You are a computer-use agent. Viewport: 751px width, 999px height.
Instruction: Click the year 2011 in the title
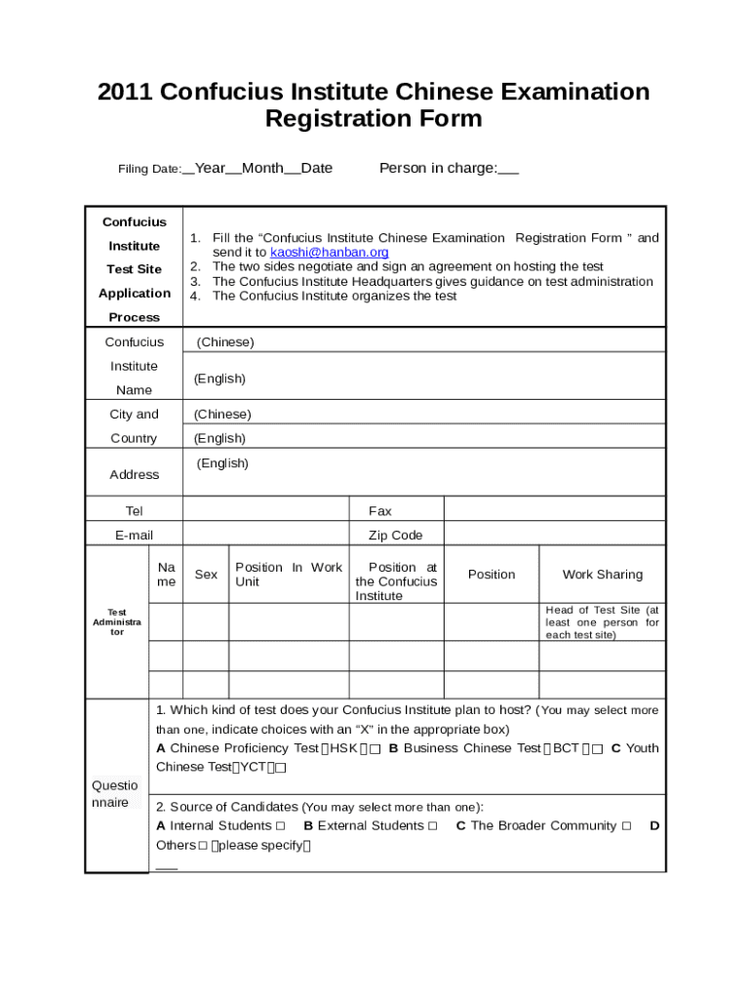tap(125, 92)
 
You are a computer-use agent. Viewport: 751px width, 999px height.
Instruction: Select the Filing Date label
tap(149, 170)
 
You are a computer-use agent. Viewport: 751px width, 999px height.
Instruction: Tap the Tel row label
tap(134, 511)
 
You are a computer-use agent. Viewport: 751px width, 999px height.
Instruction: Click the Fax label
tap(380, 511)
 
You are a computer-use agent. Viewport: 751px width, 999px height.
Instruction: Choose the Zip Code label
tap(395, 536)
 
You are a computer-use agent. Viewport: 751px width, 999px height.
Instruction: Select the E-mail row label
tap(134, 536)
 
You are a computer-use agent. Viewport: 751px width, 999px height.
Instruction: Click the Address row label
tap(134, 475)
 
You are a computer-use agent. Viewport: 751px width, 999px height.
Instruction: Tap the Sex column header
tap(206, 575)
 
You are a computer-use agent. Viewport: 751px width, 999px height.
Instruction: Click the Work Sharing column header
tap(602, 575)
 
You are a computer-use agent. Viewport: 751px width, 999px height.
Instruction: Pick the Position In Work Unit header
tap(289, 575)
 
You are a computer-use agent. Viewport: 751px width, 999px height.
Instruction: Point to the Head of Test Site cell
tap(602, 621)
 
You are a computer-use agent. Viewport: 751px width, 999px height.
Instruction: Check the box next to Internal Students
tap(281, 826)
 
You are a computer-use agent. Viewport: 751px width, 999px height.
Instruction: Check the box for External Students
tap(432, 826)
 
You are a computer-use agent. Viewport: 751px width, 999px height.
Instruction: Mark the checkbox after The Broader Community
tap(626, 826)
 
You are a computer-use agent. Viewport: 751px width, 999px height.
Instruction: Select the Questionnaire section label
tap(115, 794)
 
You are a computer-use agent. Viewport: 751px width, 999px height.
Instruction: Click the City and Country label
tap(134, 426)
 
